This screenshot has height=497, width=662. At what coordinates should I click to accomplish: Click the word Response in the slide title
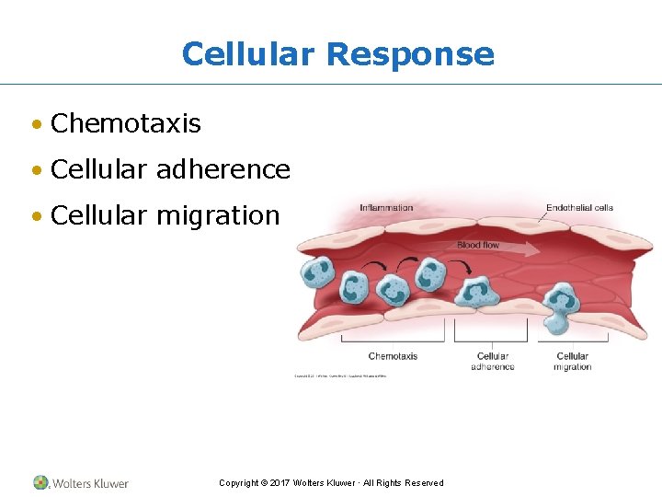point(410,53)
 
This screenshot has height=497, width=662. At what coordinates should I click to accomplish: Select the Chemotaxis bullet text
point(126,123)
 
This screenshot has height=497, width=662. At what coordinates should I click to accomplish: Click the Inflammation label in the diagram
point(386,208)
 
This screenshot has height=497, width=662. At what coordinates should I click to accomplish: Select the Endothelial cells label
point(579,208)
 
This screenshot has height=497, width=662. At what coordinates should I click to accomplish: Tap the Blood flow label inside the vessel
point(478,245)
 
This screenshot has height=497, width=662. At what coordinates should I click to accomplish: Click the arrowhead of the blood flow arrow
point(535,248)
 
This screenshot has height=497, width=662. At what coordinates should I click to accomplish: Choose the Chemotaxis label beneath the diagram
point(393,356)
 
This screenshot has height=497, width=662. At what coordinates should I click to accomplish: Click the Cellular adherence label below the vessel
point(493,362)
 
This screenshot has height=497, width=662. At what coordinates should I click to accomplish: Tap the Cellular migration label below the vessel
point(572,362)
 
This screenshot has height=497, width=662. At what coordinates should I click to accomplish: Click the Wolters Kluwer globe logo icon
point(41,482)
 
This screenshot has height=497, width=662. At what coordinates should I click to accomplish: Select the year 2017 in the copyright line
point(280,483)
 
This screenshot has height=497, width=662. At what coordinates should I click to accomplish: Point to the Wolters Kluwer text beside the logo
point(90,483)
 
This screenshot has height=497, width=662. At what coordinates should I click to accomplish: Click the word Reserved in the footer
point(423,483)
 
